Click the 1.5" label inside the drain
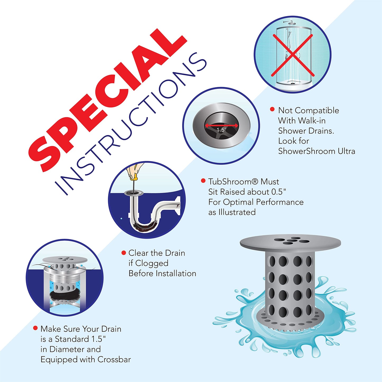click(221, 130)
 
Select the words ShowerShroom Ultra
click(316, 151)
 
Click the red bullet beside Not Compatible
click(272, 109)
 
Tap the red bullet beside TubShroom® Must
click(203, 181)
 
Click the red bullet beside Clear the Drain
click(123, 253)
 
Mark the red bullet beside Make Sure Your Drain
click(35, 328)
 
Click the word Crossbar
click(114, 360)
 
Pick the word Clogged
click(152, 263)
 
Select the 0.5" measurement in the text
click(279, 192)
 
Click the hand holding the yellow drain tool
click(135, 171)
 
